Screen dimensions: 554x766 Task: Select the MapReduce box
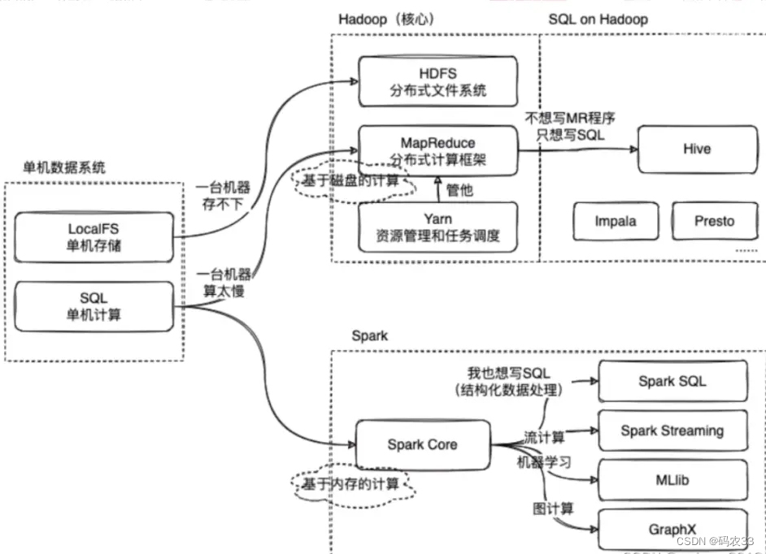click(x=437, y=150)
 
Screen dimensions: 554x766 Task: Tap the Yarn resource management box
click(x=437, y=227)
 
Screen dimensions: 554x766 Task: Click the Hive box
click(x=696, y=149)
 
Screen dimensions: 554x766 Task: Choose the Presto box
click(x=713, y=221)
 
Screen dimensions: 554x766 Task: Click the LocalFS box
click(x=94, y=236)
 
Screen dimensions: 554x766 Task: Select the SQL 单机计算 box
click(x=94, y=306)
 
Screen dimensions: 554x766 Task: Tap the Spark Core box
click(x=422, y=444)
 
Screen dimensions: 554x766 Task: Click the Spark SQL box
click(x=672, y=381)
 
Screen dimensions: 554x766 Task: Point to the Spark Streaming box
click(x=672, y=431)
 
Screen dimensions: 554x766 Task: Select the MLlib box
click(x=672, y=480)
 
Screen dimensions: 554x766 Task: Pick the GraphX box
click(x=672, y=530)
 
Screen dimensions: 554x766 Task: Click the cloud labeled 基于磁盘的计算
click(x=351, y=182)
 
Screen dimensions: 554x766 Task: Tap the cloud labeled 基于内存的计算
click(x=351, y=485)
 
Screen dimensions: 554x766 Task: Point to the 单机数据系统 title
click(x=64, y=168)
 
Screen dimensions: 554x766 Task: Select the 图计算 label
click(x=554, y=509)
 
